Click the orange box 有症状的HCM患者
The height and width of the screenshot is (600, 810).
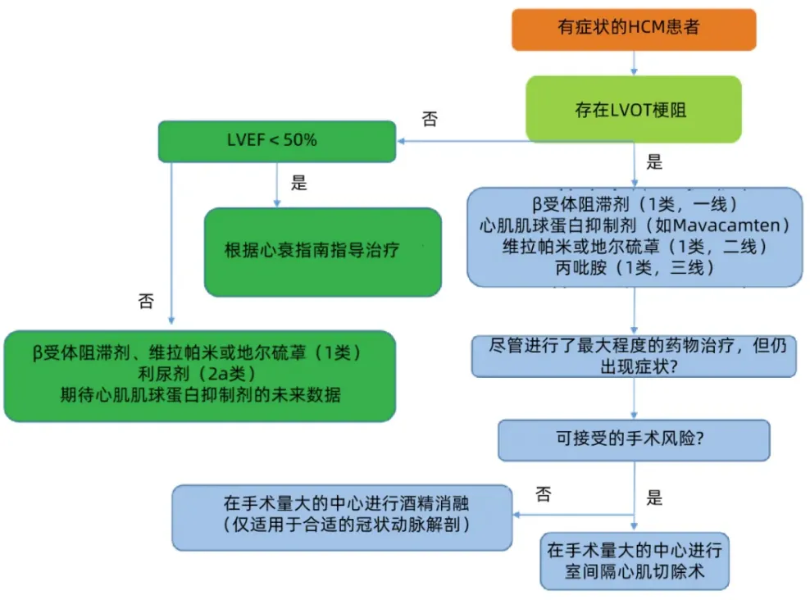point(633,28)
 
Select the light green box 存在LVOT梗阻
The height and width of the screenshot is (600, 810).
point(633,110)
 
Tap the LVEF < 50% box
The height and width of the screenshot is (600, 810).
point(276,140)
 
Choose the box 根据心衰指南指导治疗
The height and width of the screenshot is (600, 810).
point(322,251)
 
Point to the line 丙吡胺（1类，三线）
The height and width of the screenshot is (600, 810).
point(635,267)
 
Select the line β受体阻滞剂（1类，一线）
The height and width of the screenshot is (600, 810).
point(635,202)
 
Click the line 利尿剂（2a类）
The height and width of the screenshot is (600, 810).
point(199,374)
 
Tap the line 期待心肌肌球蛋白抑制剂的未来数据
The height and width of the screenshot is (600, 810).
point(199,395)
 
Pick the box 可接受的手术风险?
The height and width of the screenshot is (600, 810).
point(634,439)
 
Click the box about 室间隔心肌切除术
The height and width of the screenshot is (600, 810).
point(634,561)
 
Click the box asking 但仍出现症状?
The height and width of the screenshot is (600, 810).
point(634,356)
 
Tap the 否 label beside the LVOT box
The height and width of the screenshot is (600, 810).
point(430,120)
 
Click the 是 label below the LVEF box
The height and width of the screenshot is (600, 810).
point(299,183)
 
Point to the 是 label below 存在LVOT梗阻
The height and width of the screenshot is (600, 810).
point(654,161)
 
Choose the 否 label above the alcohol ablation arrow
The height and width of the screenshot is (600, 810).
point(543,494)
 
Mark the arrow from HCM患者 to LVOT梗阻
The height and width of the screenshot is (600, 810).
point(634,61)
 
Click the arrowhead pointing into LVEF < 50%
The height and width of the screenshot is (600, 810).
point(401,140)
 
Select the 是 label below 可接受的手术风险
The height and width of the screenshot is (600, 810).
point(654,497)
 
